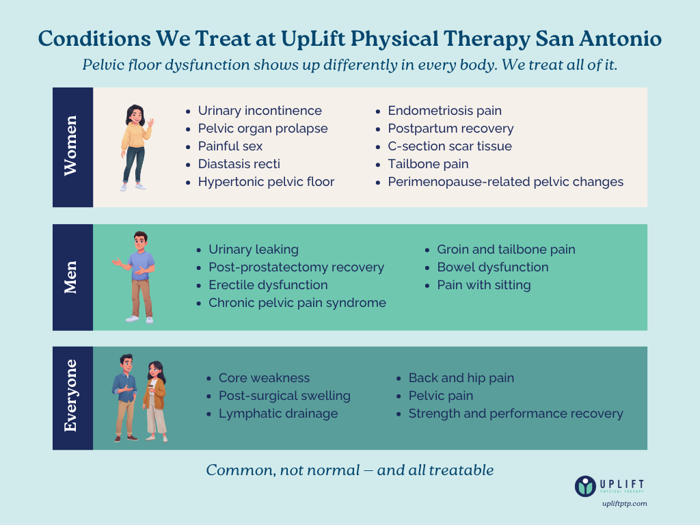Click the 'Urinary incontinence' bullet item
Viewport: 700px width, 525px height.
(260, 111)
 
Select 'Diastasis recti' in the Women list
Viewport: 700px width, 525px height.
(239, 164)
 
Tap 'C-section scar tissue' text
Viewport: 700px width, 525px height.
(450, 146)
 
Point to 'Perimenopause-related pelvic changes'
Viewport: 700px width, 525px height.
(505, 182)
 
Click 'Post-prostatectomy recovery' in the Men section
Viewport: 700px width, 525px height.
(296, 267)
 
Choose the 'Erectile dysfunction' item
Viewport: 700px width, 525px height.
(268, 285)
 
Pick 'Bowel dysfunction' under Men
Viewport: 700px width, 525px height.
(492, 267)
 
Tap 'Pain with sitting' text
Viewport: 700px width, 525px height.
(484, 285)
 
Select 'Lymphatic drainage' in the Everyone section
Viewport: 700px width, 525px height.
(278, 414)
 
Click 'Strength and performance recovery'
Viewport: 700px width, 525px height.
(515, 414)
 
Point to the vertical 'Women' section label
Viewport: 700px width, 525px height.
(71, 146)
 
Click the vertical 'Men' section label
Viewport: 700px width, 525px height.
(71, 277)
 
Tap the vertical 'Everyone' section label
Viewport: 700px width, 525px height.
(71, 396)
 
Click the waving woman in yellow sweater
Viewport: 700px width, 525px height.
(136, 146)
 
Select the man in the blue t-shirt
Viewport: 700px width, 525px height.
(139, 276)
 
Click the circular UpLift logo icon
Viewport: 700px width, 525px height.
(586, 485)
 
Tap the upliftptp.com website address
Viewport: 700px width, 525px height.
(624, 504)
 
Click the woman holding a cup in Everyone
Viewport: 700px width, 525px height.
(155, 401)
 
